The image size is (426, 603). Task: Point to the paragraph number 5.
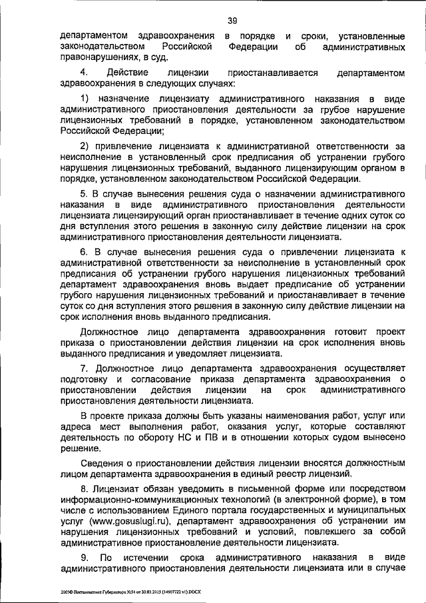point(84,193)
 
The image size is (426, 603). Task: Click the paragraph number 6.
point(84,253)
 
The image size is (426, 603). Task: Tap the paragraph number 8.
point(84,490)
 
